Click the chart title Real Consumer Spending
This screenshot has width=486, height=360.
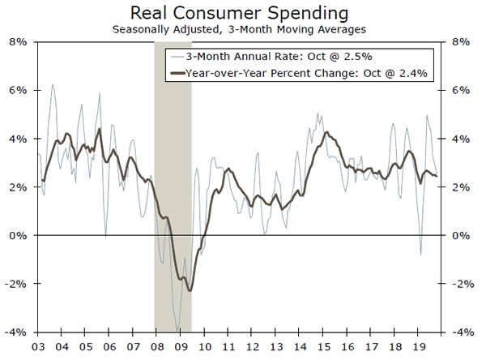pyautogui.click(x=242, y=14)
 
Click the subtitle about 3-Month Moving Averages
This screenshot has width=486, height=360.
pyautogui.click(x=242, y=29)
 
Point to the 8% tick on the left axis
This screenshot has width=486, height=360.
pyautogui.click(x=17, y=42)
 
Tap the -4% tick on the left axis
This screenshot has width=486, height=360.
pyautogui.click(x=15, y=332)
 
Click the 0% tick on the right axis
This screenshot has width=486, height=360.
pyautogui.click(x=459, y=236)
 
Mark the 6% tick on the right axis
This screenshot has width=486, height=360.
pyautogui.click(x=459, y=91)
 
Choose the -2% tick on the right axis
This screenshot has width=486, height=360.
pyautogui.click(x=461, y=284)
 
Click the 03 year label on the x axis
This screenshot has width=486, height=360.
pyautogui.click(x=38, y=346)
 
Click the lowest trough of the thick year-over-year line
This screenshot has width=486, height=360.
pyautogui.click(x=190, y=290)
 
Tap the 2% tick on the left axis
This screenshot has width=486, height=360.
pyautogui.click(x=17, y=187)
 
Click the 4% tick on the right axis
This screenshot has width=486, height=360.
pyautogui.click(x=459, y=139)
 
